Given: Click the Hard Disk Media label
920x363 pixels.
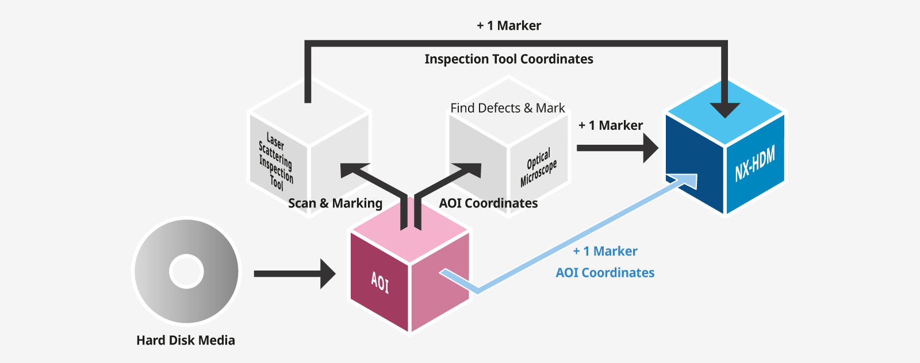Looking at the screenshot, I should tap(186, 341).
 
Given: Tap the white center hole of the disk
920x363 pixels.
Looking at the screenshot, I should tap(186, 272).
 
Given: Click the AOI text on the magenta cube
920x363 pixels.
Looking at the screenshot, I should tap(380, 282).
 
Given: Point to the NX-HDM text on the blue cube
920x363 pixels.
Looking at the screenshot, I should tap(755, 163).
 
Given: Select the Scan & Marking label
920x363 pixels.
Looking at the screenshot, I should tap(335, 203).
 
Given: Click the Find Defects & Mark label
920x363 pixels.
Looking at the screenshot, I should tap(507, 108).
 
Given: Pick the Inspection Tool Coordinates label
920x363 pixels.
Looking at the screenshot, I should tap(509, 59).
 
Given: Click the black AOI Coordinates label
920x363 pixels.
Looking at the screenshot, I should tap(488, 203).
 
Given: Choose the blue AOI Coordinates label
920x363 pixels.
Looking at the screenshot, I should tap(605, 273).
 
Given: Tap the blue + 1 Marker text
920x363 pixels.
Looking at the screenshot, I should tap(605, 252).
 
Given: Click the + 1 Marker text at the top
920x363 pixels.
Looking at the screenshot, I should tap(509, 26).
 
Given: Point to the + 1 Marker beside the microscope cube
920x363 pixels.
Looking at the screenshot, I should tap(611, 126).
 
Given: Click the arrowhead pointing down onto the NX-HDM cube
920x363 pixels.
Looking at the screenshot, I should tap(725, 110).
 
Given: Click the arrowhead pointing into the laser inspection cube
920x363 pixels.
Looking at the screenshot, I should tap(351, 171).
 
